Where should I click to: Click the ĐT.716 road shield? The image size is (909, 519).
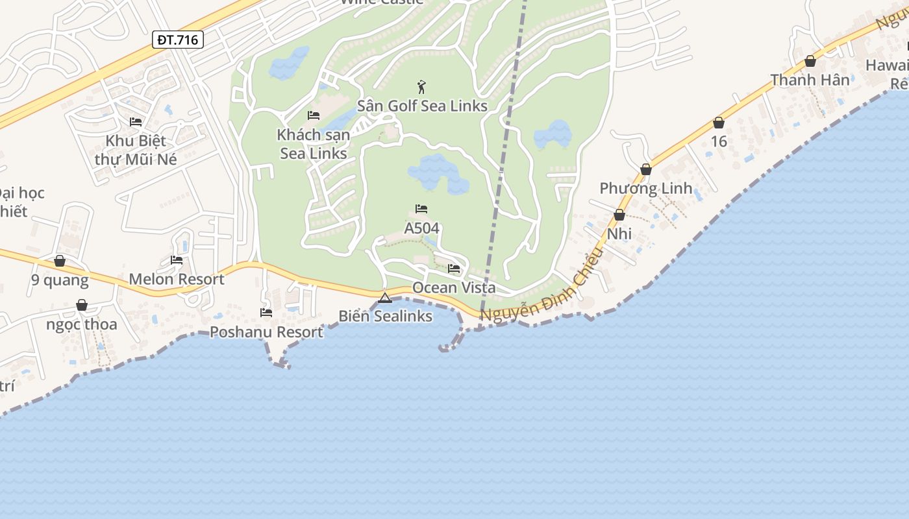coord(179,40)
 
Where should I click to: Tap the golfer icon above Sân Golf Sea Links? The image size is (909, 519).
coord(421,86)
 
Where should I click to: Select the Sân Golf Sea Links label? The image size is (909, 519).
coord(422,106)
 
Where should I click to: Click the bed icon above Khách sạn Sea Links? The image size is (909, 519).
coord(314,115)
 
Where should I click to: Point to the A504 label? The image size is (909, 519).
coord(421,228)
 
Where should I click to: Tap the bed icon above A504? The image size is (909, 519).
coord(421,209)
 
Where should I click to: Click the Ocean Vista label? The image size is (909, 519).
coord(454,287)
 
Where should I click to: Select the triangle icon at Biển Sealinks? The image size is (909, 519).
coord(385,298)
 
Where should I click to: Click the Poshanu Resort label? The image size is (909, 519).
coord(266,332)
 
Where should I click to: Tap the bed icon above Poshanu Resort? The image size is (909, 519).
coord(266,312)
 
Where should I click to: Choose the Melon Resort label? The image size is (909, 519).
coord(177,280)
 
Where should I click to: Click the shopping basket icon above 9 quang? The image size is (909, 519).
coord(60,261)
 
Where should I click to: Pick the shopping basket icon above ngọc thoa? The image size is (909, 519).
coord(82,305)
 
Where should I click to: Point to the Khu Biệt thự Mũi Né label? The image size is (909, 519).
coord(136,150)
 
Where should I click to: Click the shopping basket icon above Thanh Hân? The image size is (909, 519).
coord(810,61)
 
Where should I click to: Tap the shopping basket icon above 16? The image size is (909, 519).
coord(719,123)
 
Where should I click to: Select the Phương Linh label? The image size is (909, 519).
coord(646,189)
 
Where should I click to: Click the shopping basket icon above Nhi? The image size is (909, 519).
coord(619,215)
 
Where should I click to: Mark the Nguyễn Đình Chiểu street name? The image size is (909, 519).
coord(543,285)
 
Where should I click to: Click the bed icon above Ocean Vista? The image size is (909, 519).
coord(454,268)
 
